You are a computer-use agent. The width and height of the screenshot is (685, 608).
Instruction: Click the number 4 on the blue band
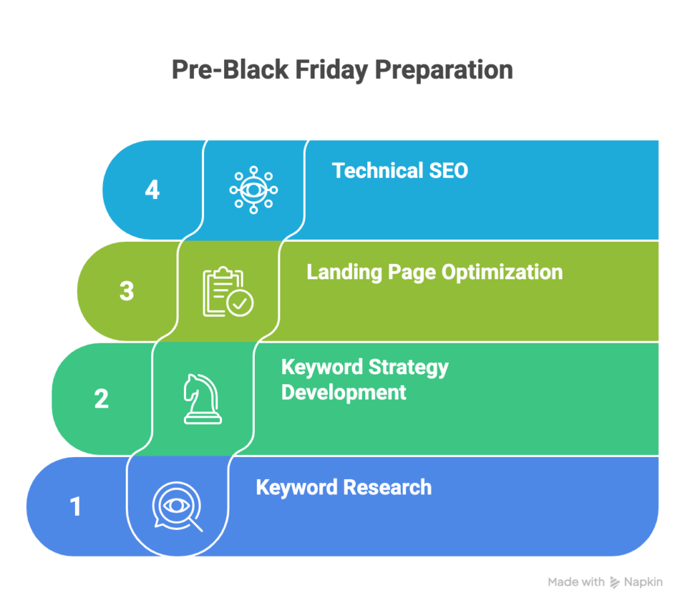click(152, 190)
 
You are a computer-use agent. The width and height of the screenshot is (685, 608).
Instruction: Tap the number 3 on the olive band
click(126, 291)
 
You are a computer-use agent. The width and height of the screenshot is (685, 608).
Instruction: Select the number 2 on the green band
click(102, 399)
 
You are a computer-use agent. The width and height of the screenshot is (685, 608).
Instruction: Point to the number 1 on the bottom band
click(76, 506)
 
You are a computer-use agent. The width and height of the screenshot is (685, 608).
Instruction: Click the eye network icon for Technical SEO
click(254, 190)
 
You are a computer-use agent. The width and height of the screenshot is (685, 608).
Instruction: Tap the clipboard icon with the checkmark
click(228, 291)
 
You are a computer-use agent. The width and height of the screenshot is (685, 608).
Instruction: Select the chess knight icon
click(202, 399)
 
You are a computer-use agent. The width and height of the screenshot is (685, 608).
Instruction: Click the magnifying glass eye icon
click(177, 506)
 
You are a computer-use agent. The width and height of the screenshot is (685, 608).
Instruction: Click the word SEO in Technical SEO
click(448, 170)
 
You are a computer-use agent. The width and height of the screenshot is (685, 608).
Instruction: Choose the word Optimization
click(502, 273)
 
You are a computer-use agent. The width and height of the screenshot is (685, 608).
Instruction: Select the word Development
click(344, 392)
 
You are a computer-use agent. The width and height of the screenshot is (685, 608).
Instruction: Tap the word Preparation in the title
click(444, 70)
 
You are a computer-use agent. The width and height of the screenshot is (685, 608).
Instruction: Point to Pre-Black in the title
click(230, 69)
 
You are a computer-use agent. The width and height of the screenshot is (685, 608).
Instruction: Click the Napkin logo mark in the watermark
click(615, 582)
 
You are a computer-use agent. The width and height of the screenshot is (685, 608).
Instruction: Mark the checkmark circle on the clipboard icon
click(240, 303)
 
